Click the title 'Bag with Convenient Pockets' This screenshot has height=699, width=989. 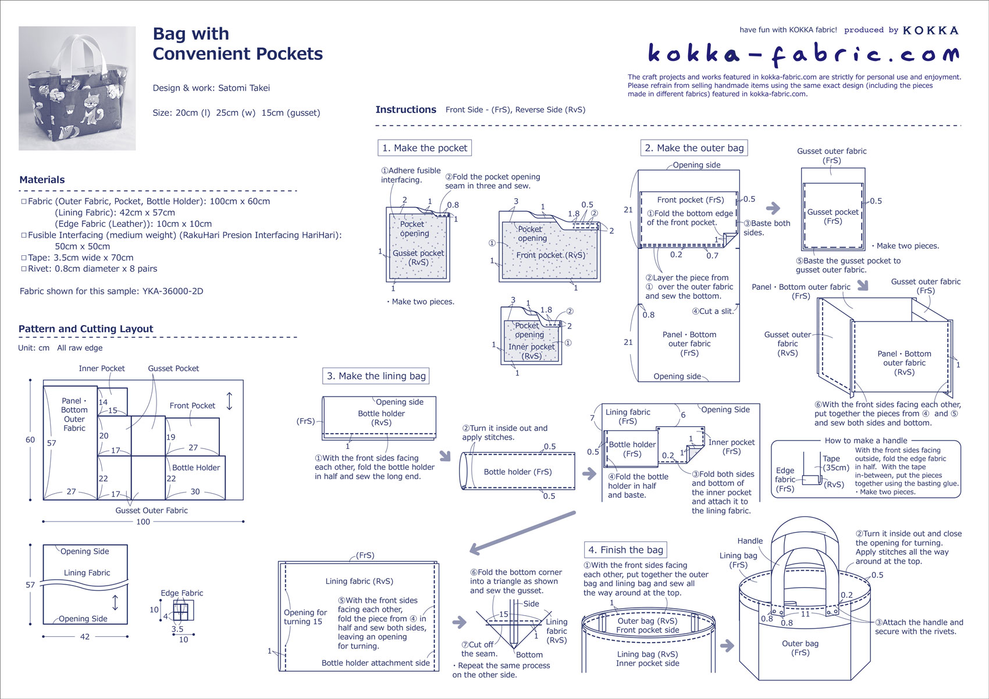237,44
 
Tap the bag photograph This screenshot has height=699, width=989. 77,88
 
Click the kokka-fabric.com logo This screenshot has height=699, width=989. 803,54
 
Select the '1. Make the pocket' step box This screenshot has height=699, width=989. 424,148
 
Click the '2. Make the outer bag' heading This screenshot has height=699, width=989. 694,148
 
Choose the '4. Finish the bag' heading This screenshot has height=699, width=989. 625,550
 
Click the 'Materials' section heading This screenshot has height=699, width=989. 42,180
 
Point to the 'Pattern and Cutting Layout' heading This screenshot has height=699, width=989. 86,329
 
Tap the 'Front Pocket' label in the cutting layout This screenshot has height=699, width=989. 192,405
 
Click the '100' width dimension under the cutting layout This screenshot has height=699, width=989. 143,522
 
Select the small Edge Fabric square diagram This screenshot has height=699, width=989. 182,611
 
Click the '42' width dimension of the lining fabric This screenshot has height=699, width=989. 85,637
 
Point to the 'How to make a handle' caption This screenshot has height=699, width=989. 866,440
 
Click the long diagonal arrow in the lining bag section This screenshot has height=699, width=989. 522,532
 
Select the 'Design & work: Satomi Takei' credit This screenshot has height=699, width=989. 211,88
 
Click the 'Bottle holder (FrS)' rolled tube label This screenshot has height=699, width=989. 518,472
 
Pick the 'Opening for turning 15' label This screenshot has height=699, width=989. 303,617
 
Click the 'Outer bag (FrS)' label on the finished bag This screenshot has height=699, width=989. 800,648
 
